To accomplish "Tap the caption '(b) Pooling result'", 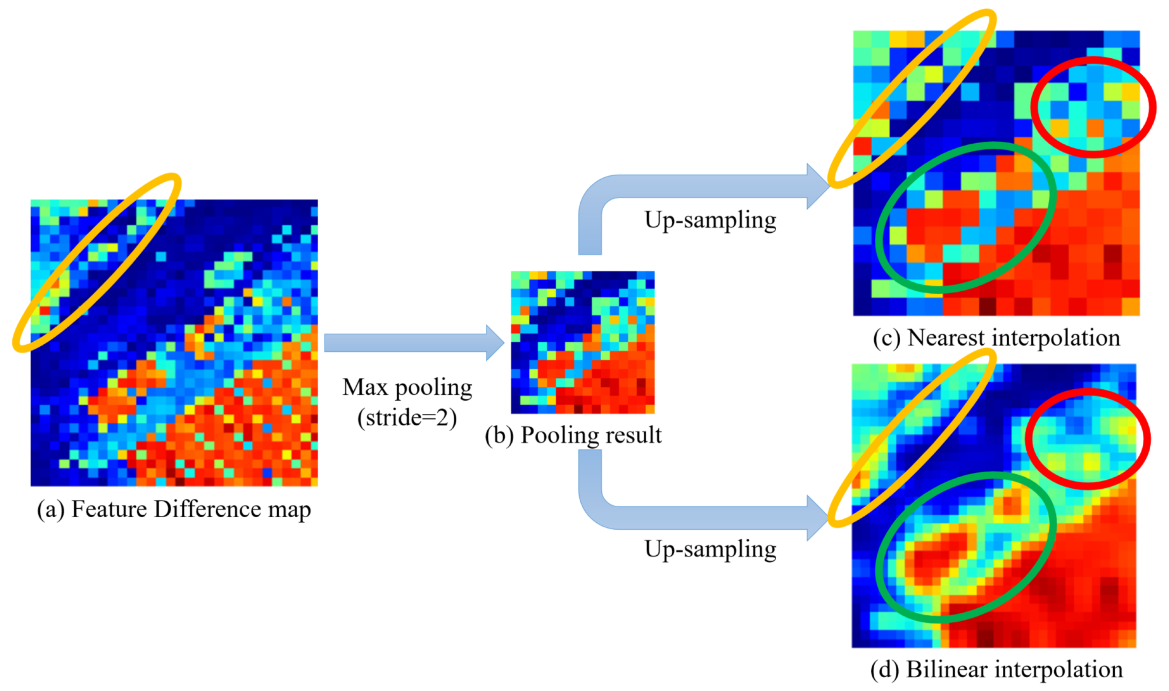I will pyautogui.click(x=573, y=435).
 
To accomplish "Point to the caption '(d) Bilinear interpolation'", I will pyautogui.click(x=996, y=670).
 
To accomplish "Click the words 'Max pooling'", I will pyautogui.click(x=407, y=387).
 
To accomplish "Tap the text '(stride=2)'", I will pyautogui.click(x=407, y=417).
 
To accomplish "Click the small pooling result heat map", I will pyautogui.click(x=583, y=342).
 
